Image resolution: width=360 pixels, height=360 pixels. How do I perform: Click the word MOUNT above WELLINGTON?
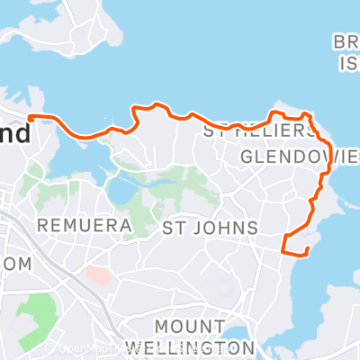point(189,325)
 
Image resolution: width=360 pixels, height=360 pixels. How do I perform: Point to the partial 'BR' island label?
point(346,42)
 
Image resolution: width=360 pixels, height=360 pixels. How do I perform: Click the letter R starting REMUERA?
point(41,222)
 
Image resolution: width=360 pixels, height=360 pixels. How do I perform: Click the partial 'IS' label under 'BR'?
point(347,63)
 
